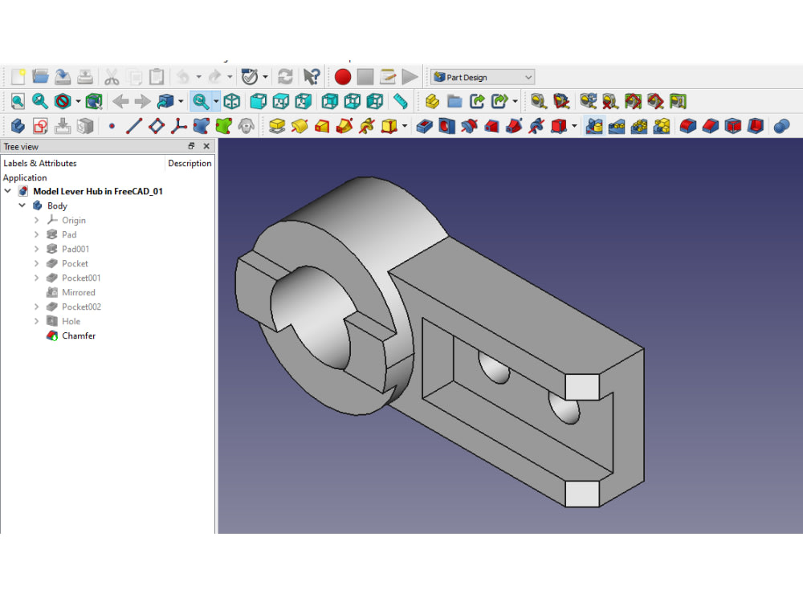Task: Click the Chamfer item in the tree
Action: click(x=78, y=336)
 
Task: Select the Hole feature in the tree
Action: click(x=71, y=321)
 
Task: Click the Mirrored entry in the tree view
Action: click(x=78, y=292)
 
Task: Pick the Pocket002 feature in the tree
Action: click(x=81, y=307)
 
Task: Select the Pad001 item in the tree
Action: click(x=75, y=249)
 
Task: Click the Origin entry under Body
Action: click(x=73, y=220)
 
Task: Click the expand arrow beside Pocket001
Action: click(x=37, y=278)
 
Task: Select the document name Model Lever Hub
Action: click(x=97, y=191)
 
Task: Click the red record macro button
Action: click(x=343, y=77)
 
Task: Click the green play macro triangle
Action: click(x=410, y=77)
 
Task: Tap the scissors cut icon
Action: click(x=112, y=77)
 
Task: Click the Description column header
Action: click(x=190, y=163)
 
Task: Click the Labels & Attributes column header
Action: click(x=40, y=163)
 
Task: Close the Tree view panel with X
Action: click(x=206, y=146)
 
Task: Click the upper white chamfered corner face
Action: click(x=582, y=387)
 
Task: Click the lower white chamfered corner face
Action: click(x=582, y=494)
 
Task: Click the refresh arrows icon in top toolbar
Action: click(x=285, y=77)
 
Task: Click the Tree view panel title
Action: click(x=21, y=146)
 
